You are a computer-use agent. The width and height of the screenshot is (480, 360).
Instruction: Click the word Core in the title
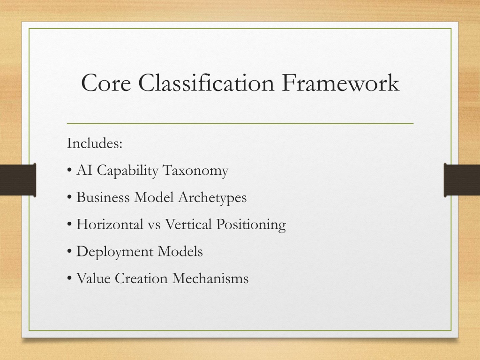coord(106,82)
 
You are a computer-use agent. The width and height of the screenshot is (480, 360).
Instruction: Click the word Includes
coord(95,143)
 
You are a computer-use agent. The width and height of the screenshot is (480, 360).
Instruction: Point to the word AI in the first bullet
coord(84,170)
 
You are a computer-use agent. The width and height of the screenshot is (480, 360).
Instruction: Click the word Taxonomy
coord(195,171)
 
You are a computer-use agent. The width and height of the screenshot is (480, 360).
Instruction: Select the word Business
coord(103,197)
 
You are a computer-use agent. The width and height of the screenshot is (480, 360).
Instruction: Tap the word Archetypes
coord(212,198)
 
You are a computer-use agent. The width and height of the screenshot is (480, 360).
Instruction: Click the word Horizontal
coord(110,225)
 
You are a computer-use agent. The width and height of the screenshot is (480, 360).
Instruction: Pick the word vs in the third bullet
coord(154,226)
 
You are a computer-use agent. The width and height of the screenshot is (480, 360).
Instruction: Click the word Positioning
coord(251,225)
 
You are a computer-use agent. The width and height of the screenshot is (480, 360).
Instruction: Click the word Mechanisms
coord(210,278)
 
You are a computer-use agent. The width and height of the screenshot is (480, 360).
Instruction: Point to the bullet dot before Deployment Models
coord(69,252)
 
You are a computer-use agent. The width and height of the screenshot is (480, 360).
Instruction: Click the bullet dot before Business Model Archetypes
coord(69,197)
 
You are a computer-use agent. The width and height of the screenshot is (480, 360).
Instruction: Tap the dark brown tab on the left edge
coord(18,180)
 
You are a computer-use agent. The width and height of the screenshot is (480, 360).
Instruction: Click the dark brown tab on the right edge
coord(462,180)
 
